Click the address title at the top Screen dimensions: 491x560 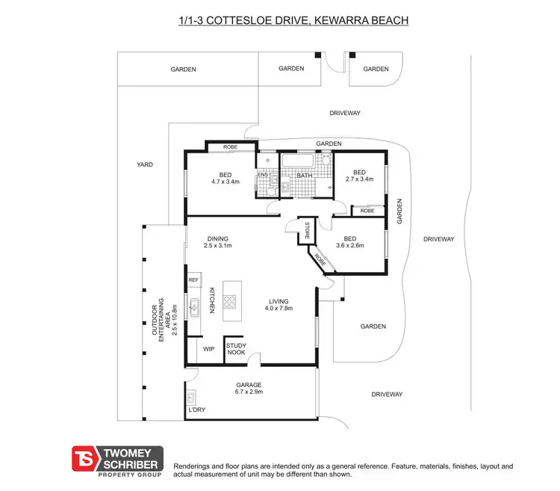pyautogui.click(x=293, y=20)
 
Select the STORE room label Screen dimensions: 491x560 pyautogui.click(x=307, y=231)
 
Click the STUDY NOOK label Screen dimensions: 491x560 pyautogui.click(x=236, y=349)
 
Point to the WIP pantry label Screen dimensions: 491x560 pyautogui.click(x=208, y=348)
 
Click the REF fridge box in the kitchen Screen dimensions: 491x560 pyautogui.click(x=193, y=280)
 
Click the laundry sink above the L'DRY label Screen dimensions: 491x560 pyautogui.click(x=190, y=397)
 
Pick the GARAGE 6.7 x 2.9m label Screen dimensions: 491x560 pyautogui.click(x=248, y=388)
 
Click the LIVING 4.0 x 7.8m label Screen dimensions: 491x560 pyautogui.click(x=280, y=304)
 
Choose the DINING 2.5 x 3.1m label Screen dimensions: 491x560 pyautogui.click(x=218, y=241)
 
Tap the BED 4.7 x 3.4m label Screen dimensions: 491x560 pyautogui.click(x=225, y=178)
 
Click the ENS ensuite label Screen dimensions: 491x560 pyautogui.click(x=262, y=176)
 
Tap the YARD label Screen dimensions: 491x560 pyautogui.click(x=145, y=164)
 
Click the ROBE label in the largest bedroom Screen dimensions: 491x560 pyautogui.click(x=230, y=147)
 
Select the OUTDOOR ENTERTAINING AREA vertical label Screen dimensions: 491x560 pyautogui.click(x=165, y=320)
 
